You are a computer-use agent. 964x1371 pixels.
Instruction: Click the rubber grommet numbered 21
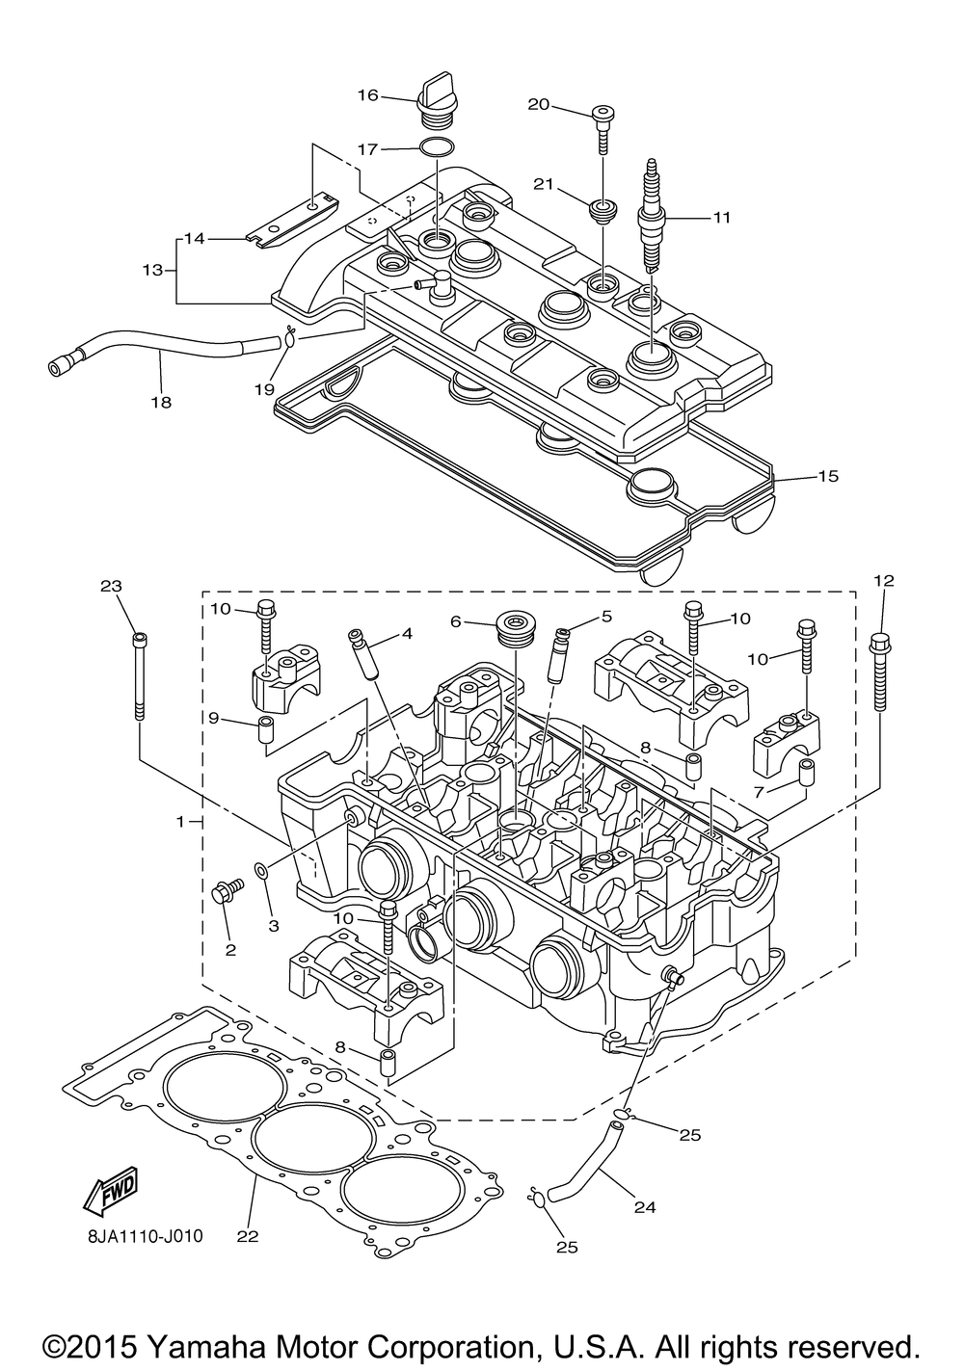602,211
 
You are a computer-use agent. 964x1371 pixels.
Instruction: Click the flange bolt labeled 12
880,672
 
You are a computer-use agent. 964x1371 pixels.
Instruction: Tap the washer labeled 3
259,868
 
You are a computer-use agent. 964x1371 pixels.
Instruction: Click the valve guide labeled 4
363,653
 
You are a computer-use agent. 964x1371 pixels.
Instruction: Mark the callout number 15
828,476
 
